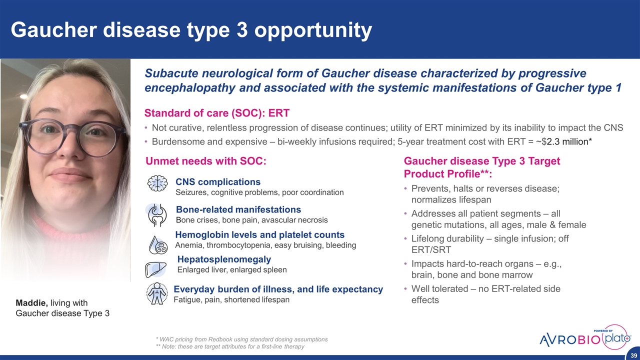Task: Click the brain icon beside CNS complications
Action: tap(157, 183)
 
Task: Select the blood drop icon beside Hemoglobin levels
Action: tap(158, 245)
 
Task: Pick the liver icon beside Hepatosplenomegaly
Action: tap(155, 269)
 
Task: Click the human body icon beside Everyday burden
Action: tap(157, 293)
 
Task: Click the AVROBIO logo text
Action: tap(570, 340)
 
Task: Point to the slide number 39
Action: tap(633, 355)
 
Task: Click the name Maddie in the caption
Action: tap(31, 303)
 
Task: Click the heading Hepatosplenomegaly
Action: tap(224, 259)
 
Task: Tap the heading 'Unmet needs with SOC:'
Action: tap(205, 161)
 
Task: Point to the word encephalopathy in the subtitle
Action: tap(189, 87)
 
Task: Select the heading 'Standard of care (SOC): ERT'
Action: tap(217, 113)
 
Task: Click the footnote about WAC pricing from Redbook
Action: tap(241, 339)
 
